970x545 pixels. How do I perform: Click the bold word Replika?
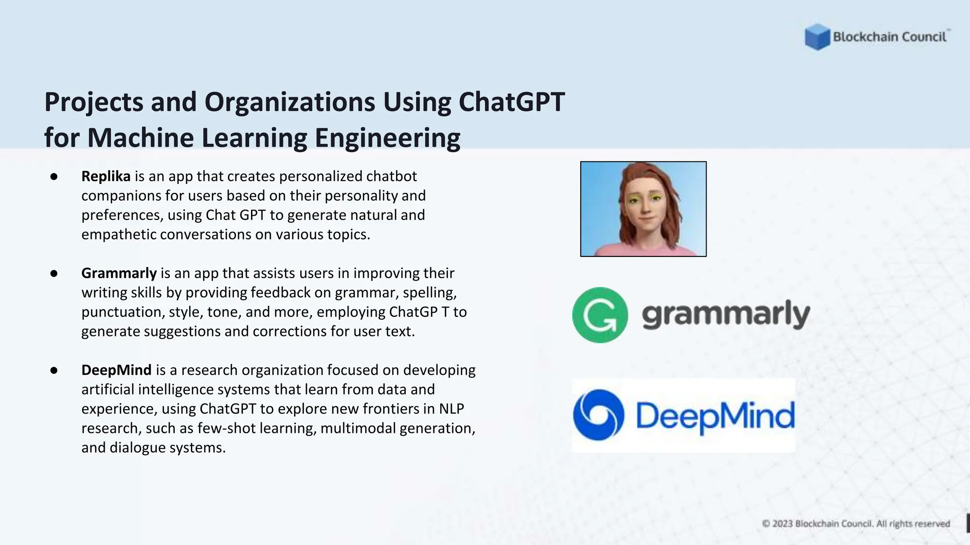[x=106, y=176]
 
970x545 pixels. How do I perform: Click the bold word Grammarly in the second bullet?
[x=119, y=273]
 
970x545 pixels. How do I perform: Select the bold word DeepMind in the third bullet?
[x=116, y=370]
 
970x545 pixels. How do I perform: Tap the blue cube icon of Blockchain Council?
[x=817, y=36]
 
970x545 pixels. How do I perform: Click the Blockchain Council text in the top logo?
[x=889, y=37]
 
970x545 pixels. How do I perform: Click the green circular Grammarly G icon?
[x=600, y=315]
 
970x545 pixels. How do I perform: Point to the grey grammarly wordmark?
[x=726, y=315]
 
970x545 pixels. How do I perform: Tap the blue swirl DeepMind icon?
[x=598, y=415]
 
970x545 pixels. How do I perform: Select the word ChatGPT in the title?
[x=512, y=102]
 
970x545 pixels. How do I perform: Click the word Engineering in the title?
[x=387, y=138]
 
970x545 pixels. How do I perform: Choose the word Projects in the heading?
[x=93, y=103]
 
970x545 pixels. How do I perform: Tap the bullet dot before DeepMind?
[x=54, y=370]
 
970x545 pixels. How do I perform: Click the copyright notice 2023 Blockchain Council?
[x=855, y=524]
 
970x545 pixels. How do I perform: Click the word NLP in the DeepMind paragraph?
[x=451, y=409]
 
